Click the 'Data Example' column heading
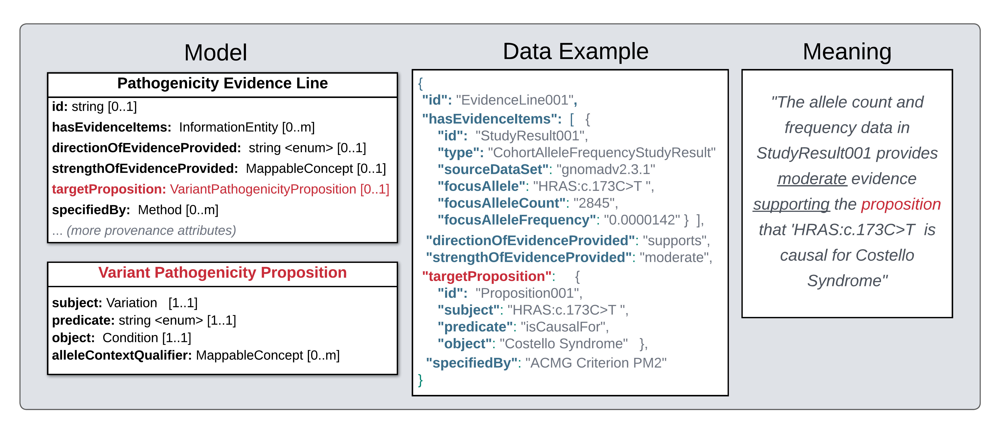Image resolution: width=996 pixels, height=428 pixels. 575,51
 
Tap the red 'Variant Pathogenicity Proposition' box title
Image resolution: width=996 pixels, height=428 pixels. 222,273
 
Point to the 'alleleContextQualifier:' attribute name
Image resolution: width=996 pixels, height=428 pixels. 122,355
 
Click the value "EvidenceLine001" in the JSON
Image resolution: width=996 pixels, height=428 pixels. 514,100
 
